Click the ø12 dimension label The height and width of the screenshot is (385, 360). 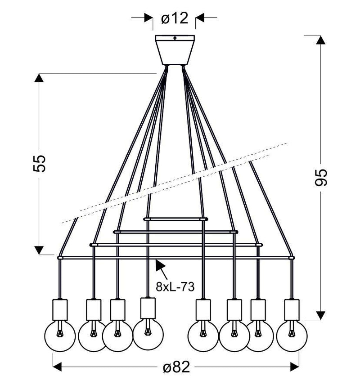pyautogui.click(x=175, y=18)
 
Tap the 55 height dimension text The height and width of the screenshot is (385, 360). pyautogui.click(x=39, y=163)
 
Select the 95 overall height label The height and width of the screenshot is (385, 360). pyautogui.click(x=321, y=177)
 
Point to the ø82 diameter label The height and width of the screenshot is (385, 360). pyautogui.click(x=176, y=367)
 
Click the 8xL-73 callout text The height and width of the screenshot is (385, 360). pyautogui.click(x=175, y=287)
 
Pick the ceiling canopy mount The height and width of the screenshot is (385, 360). pyautogui.click(x=175, y=50)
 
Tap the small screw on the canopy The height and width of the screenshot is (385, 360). pyautogui.click(x=175, y=38)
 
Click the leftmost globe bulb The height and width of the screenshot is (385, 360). pyautogui.click(x=60, y=336)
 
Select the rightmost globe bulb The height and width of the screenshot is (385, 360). pyautogui.click(x=292, y=336)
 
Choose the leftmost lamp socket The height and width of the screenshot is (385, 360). pyautogui.click(x=60, y=309)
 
